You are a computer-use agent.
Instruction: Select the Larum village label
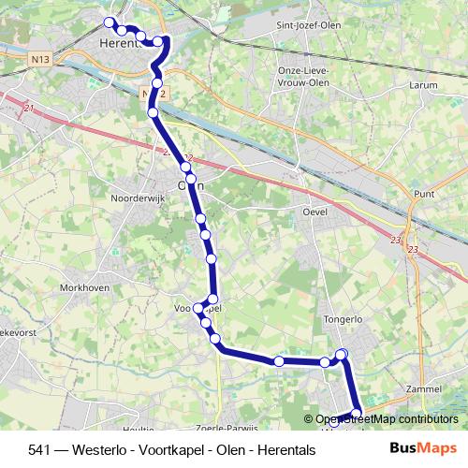tap(423, 84)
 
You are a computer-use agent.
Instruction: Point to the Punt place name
tap(423, 194)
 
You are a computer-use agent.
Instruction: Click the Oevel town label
tap(319, 212)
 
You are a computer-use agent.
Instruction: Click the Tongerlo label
tap(342, 318)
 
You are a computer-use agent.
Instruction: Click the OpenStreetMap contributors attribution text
tap(386, 419)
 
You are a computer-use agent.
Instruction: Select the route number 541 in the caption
tap(39, 449)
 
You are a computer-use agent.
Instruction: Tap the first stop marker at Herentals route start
tap(109, 22)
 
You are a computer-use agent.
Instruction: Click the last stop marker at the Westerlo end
tap(356, 413)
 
